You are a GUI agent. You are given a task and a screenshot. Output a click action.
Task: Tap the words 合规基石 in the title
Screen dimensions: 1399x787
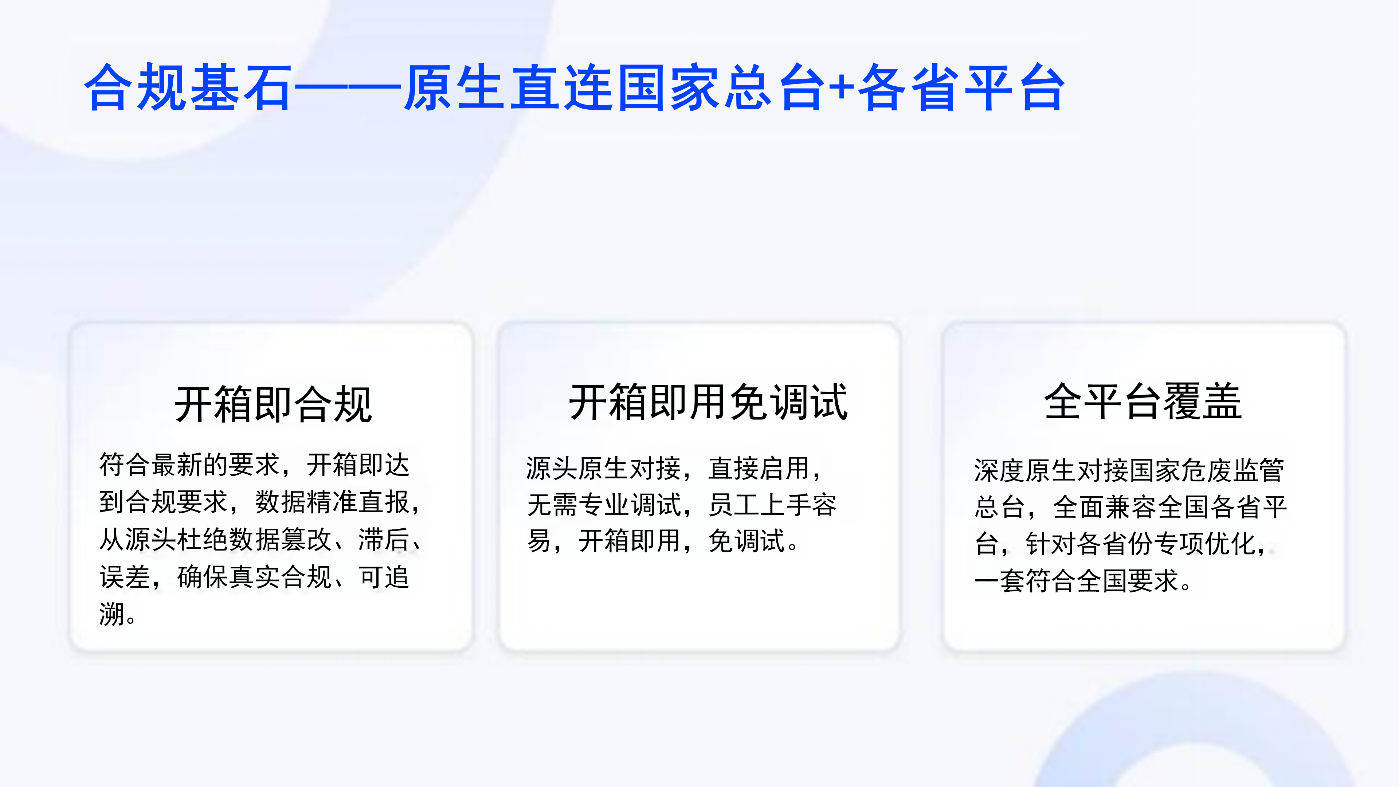188,87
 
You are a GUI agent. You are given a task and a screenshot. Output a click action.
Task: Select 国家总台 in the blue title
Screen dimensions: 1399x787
722,87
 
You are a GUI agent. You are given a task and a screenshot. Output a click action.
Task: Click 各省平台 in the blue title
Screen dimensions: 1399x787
961,87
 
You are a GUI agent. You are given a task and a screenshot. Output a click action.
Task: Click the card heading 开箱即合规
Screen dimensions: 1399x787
273,404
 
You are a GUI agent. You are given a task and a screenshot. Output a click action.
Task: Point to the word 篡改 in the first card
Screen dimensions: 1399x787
306,540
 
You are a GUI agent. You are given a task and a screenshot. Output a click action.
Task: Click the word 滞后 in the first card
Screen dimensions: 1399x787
383,540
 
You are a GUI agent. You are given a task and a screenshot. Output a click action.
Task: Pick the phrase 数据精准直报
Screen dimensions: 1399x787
332,502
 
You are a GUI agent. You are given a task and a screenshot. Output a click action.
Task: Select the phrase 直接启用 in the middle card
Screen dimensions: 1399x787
759,468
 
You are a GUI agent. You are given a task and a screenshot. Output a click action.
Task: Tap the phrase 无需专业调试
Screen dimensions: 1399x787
604,505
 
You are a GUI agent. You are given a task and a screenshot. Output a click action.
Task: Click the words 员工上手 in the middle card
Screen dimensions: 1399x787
759,505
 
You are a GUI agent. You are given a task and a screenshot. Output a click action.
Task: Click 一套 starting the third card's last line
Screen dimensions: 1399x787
1000,581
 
